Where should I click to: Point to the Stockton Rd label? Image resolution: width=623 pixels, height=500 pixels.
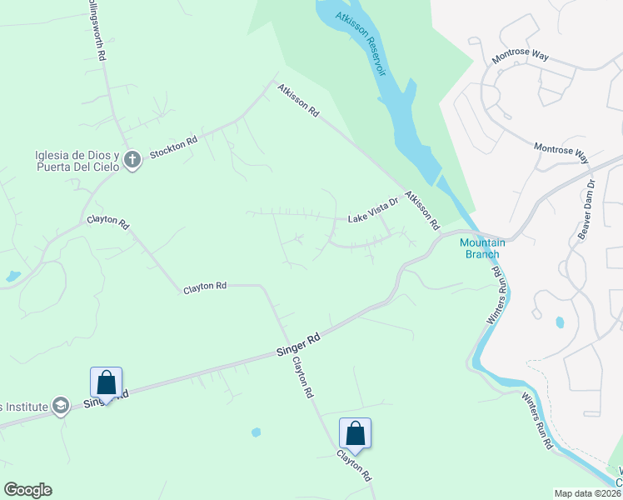tap(173, 147)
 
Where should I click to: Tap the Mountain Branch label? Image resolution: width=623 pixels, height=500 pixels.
tap(480, 248)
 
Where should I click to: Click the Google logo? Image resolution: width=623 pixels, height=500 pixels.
tap(27, 490)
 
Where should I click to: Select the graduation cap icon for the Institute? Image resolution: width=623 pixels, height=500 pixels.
tap(60, 406)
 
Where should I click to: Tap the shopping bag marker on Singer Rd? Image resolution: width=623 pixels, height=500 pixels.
tap(106, 383)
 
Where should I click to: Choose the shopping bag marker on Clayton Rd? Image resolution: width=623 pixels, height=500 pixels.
tap(355, 433)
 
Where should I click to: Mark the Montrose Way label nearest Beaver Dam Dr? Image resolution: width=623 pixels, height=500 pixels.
tap(561, 152)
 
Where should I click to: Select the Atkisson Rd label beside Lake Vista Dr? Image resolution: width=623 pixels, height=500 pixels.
tap(422, 211)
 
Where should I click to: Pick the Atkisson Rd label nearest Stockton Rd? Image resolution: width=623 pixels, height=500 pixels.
tap(299, 98)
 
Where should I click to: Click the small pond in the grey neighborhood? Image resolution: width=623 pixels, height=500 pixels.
tap(559, 322)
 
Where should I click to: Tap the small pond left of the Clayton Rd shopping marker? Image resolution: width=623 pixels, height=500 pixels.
tap(256, 432)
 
